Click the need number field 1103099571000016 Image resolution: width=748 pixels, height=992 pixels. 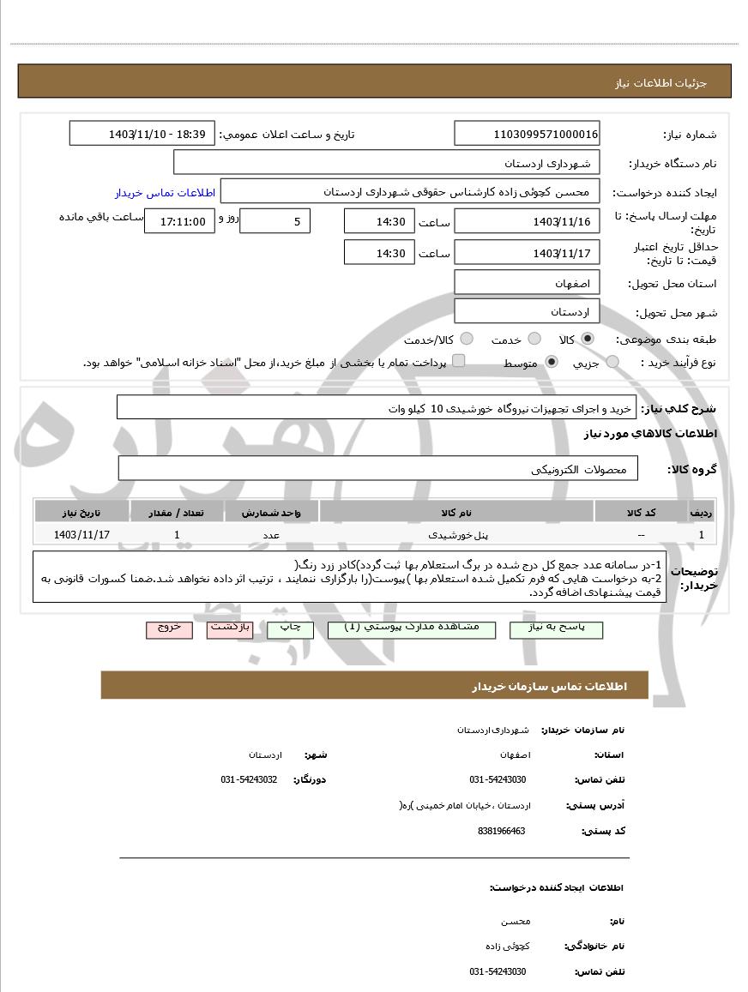527,134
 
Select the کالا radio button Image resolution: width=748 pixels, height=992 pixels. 587,339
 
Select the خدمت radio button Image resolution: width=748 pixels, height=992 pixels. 534,339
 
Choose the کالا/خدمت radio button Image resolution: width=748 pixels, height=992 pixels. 467,339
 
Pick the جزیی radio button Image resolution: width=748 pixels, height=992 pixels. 612,362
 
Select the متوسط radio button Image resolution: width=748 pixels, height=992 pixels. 551,362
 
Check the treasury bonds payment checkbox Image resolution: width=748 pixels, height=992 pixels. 459,361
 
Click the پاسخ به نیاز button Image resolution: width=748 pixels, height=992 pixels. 556,628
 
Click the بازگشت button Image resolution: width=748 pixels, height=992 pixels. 230,628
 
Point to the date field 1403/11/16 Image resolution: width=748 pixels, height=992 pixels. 527,221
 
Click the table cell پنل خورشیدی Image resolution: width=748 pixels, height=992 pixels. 457,534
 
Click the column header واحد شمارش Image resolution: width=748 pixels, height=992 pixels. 271,512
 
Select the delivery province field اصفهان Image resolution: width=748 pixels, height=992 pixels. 527,282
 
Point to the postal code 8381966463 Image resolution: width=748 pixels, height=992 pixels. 501,831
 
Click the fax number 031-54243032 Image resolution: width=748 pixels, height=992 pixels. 249,779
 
